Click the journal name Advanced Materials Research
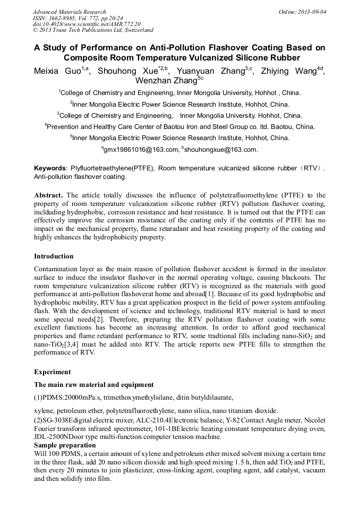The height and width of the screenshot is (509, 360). [69, 12]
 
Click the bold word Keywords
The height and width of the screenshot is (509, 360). [51, 168]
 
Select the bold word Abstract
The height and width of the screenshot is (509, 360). [49, 195]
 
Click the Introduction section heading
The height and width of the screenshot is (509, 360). [54, 256]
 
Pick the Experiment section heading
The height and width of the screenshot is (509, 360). [52, 372]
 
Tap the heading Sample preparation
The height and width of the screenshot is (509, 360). [65, 445]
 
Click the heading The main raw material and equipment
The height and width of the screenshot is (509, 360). [94, 384]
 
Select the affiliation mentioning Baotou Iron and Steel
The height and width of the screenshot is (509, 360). [180, 126]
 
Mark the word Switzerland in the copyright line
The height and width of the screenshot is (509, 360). [136, 30]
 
